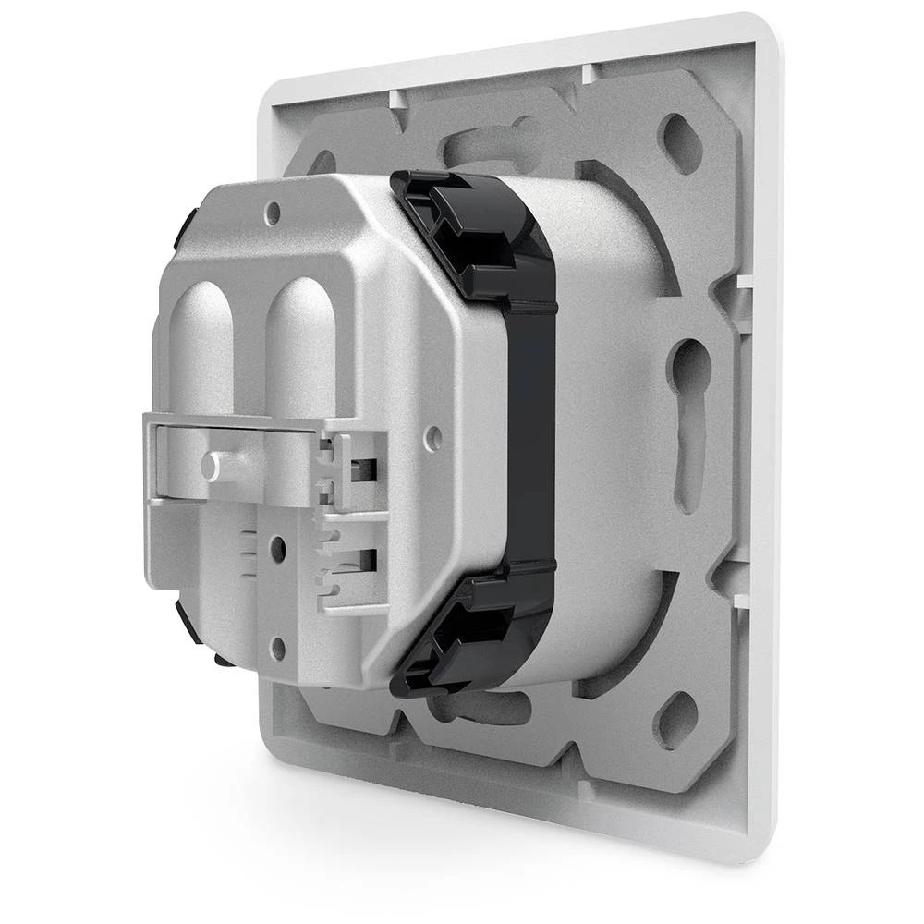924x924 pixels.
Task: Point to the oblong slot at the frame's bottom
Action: pyautogui.click(x=480, y=707)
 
